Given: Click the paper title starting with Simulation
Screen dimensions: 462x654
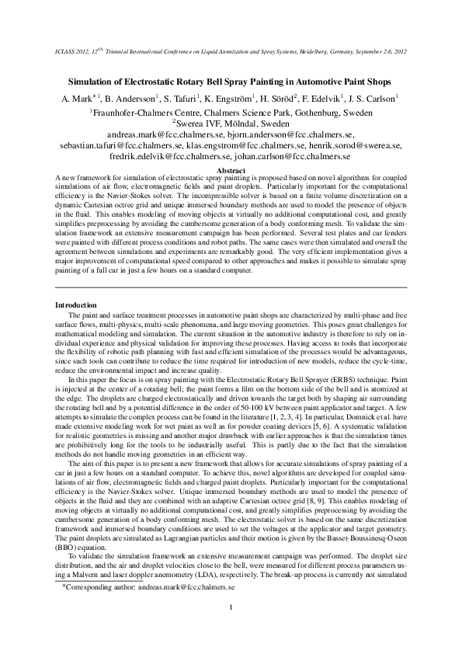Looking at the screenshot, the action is (x=231, y=82).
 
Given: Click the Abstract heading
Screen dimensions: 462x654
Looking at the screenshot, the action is (x=231, y=169).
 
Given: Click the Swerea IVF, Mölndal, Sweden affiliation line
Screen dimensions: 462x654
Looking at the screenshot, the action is (x=231, y=123).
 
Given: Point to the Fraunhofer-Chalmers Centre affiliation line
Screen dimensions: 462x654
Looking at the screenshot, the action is (x=231, y=111).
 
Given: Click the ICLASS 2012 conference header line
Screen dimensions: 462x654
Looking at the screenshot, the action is (x=231, y=52).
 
